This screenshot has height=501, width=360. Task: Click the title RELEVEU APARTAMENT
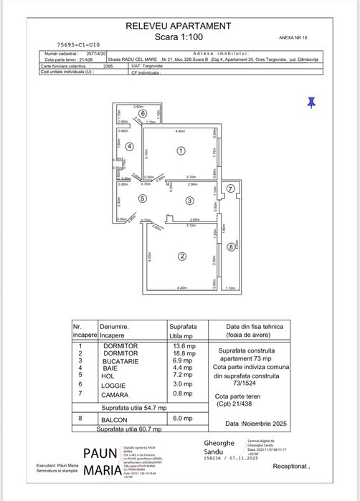pos(179,26)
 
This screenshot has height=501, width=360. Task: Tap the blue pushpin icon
pos(311,102)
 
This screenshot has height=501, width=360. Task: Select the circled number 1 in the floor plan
pos(181,151)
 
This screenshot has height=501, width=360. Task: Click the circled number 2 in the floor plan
pos(183,256)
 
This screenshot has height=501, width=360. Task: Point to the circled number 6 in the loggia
pos(143,113)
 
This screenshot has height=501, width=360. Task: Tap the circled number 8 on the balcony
pos(230,247)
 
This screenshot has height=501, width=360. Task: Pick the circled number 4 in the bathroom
pos(129,146)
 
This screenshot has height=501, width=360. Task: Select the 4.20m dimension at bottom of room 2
pos(181,287)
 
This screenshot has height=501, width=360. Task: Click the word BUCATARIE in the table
pos(120,361)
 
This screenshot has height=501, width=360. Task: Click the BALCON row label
pos(112,418)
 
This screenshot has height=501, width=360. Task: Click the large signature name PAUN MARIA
pos(100,462)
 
